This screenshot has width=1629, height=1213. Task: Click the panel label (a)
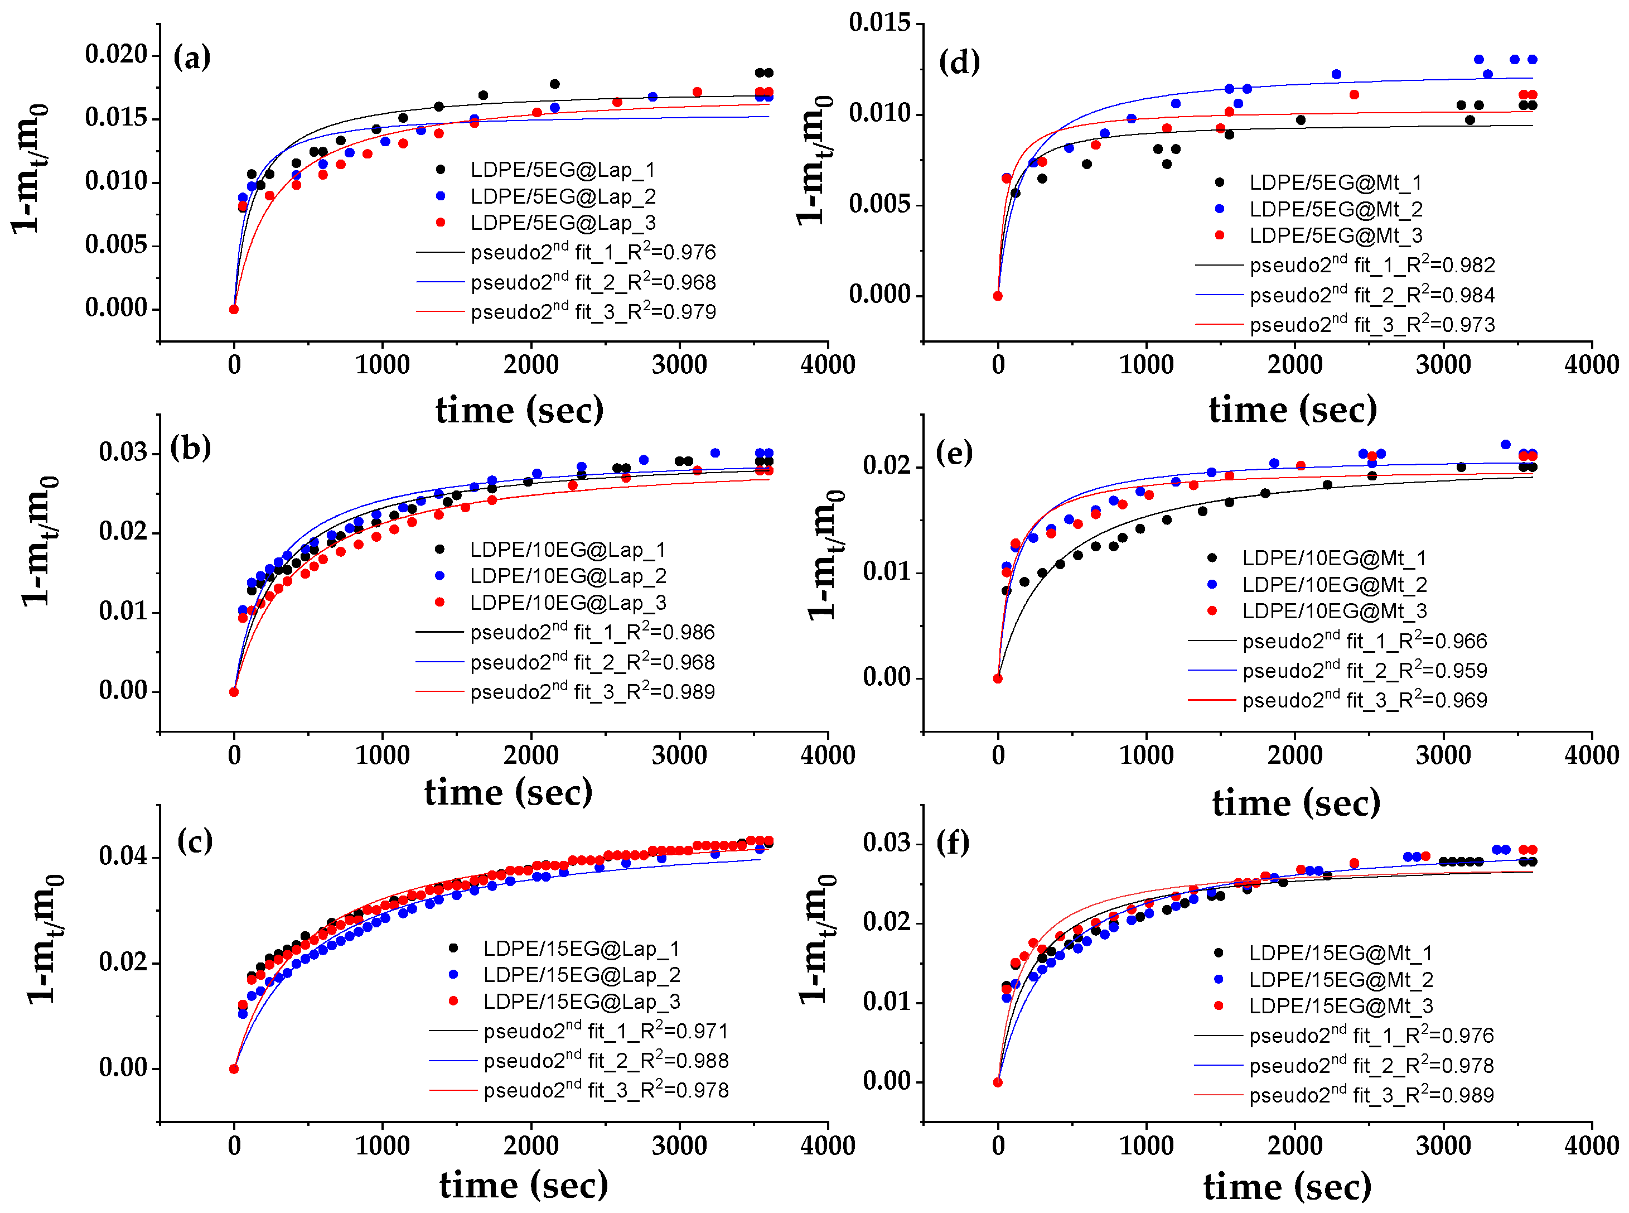coord(191,57)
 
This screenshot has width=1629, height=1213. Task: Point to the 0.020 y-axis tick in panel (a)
coord(117,54)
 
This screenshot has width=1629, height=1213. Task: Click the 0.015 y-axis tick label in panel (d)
coord(879,23)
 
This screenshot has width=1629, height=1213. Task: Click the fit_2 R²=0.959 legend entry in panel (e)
coord(1364,670)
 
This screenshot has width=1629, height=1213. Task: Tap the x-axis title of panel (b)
coord(508,792)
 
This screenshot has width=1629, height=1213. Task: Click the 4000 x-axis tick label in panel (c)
coord(828,1145)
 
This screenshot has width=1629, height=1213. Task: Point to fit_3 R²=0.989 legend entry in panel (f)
coord(1371,1095)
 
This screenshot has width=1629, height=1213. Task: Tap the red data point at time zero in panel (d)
coord(997,296)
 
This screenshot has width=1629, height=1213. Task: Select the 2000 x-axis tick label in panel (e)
coord(1294,755)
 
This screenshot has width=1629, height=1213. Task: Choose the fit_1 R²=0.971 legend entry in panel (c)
coord(606,1031)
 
